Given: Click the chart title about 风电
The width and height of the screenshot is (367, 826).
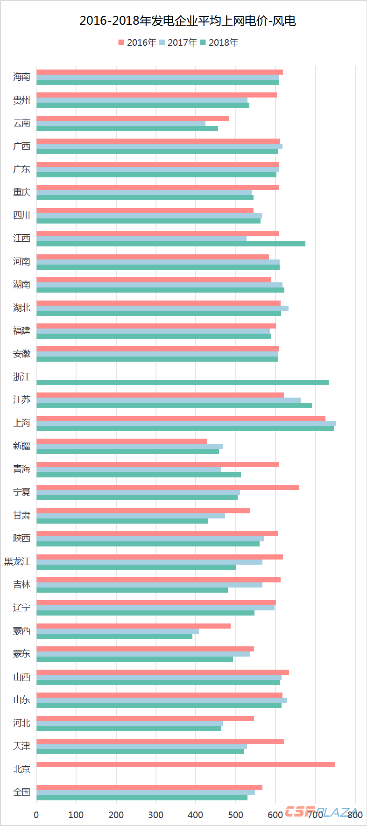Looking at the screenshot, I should pyautogui.click(x=187, y=21).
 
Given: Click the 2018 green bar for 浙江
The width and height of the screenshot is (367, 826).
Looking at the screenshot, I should pyautogui.click(x=183, y=383).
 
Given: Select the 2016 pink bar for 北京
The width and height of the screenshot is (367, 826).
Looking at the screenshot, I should pyautogui.click(x=186, y=764).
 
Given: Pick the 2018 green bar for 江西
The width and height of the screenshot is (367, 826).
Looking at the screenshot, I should pyautogui.click(x=171, y=244).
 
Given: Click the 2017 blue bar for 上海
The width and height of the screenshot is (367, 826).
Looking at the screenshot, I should pyautogui.click(x=186, y=424).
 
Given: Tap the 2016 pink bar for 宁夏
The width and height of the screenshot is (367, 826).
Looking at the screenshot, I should pyautogui.click(x=168, y=488).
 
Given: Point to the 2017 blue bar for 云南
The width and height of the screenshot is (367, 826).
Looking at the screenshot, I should pyautogui.click(x=121, y=124).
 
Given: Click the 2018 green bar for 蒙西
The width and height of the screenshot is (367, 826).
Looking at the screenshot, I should pyautogui.click(x=114, y=637).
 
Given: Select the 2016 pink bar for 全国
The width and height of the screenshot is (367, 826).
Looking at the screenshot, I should pyautogui.click(x=149, y=788).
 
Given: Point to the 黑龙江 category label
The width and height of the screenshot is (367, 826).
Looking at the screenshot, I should pyautogui.click(x=18, y=561).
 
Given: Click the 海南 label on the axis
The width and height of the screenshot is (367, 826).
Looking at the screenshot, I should pyautogui.click(x=21, y=77).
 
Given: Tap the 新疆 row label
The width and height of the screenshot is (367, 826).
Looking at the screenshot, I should pyautogui.click(x=21, y=446).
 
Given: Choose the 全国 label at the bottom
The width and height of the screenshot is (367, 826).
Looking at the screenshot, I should pyautogui.click(x=21, y=792).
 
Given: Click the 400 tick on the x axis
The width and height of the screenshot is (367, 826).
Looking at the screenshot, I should pyautogui.click(x=196, y=815).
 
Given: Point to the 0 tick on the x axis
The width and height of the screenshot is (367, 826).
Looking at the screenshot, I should pyautogui.click(x=36, y=815).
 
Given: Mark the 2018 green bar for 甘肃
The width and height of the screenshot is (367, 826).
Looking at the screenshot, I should pyautogui.click(x=122, y=521).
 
